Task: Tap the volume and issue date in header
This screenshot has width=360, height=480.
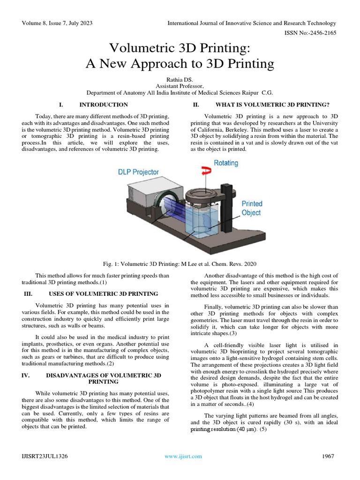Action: pyautogui.click(x=52, y=23)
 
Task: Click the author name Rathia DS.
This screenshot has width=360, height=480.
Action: pyautogui.click(x=180, y=80)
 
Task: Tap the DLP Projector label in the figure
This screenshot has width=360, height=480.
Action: pyautogui.click(x=138, y=172)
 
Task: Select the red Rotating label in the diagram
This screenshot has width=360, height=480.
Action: pyautogui.click(x=226, y=163)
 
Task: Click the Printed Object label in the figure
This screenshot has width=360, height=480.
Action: pyautogui.click(x=252, y=208)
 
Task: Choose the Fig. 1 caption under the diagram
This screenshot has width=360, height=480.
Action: pyautogui.click(x=180, y=263)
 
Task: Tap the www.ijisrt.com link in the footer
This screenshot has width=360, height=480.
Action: pyautogui.click(x=183, y=456)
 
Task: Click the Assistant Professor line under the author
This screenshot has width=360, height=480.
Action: pyautogui.click(x=180, y=86)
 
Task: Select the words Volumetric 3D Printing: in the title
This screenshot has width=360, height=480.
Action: pyautogui.click(x=180, y=48)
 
